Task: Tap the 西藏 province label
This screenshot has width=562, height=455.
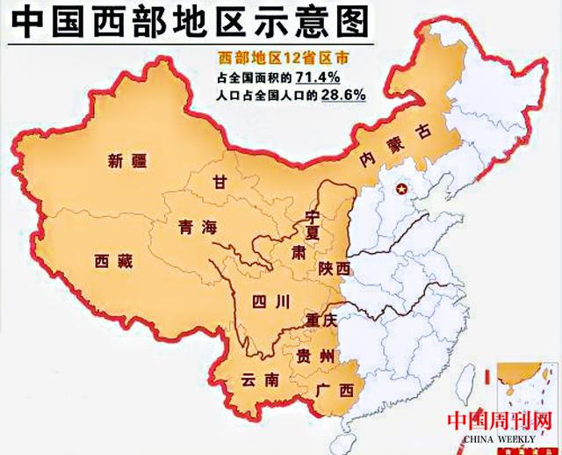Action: pyautogui.click(x=115, y=260)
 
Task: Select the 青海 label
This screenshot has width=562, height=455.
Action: pyautogui.click(x=196, y=227)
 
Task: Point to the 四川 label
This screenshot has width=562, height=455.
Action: pyautogui.click(x=270, y=302)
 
